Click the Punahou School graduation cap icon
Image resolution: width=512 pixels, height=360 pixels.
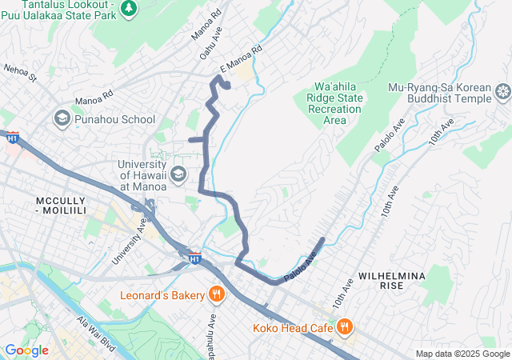click(62, 119)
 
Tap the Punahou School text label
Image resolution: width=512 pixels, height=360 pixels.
click(114, 119)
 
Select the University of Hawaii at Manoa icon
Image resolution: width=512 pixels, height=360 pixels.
click(178, 174)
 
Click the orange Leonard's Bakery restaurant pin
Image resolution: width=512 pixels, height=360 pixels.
click(216, 295)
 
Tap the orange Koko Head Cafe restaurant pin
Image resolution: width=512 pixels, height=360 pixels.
click(345, 326)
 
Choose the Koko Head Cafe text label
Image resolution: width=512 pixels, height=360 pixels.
click(293, 327)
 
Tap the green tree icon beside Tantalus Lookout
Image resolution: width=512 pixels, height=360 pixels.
click(129, 7)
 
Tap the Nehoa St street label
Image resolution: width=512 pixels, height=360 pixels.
click(21, 74)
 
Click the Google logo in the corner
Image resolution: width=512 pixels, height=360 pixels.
click(26, 350)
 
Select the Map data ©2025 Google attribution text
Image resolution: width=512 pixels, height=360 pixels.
click(462, 354)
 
